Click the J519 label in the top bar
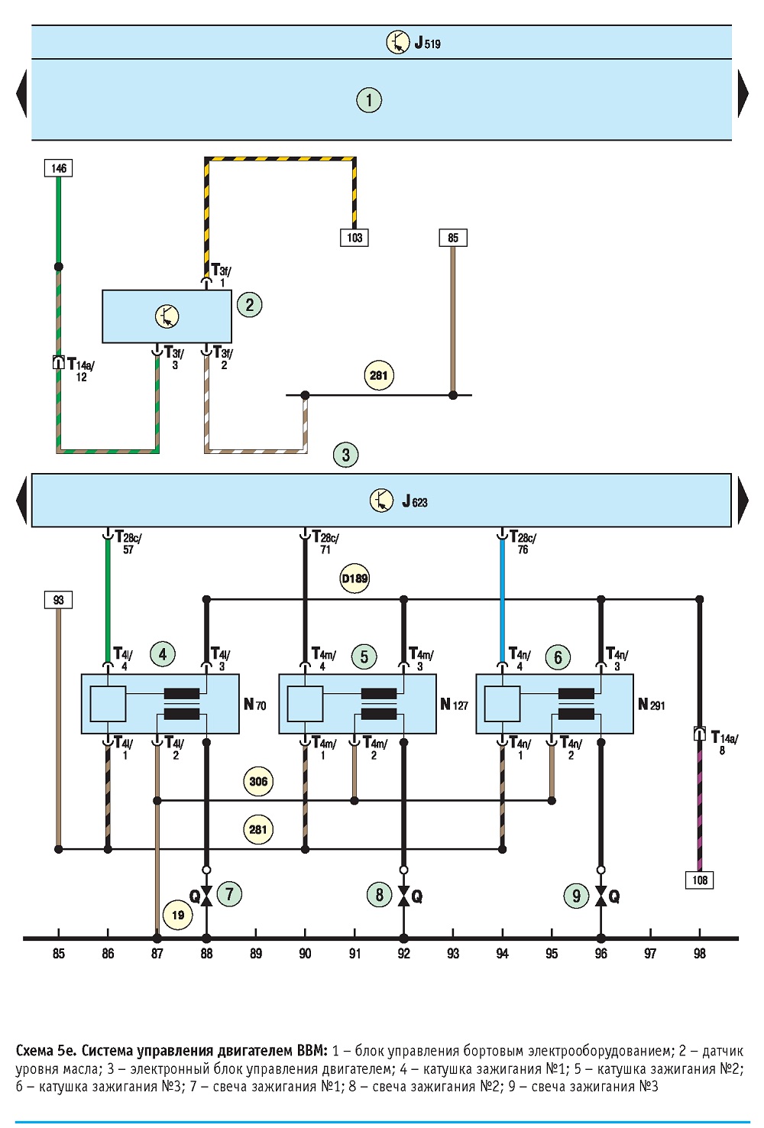pyautogui.click(x=427, y=43)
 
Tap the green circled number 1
pyautogui.click(x=369, y=99)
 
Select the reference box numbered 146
pyautogui.click(x=58, y=167)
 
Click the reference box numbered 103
pyautogui.click(x=354, y=238)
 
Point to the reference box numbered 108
pyautogui.click(x=700, y=880)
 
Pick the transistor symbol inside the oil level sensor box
pyautogui.click(x=167, y=316)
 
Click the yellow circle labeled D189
pyautogui.click(x=354, y=579)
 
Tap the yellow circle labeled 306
pyautogui.click(x=258, y=781)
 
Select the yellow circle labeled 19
pyautogui.click(x=178, y=915)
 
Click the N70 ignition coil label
pyautogui.click(x=254, y=704)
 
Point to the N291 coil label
pyautogui.click(x=651, y=704)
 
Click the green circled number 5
pyautogui.click(x=364, y=656)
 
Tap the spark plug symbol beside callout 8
pyautogui.click(x=403, y=896)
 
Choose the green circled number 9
pyautogui.click(x=576, y=896)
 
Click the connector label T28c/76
pyautogui.click(x=523, y=542)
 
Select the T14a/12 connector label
pyautogui.click(x=80, y=370)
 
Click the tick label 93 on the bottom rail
pyautogui.click(x=453, y=953)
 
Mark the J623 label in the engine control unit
pyautogui.click(x=415, y=501)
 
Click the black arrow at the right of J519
pyautogui.click(x=743, y=93)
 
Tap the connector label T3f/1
pyautogui.click(x=222, y=275)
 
